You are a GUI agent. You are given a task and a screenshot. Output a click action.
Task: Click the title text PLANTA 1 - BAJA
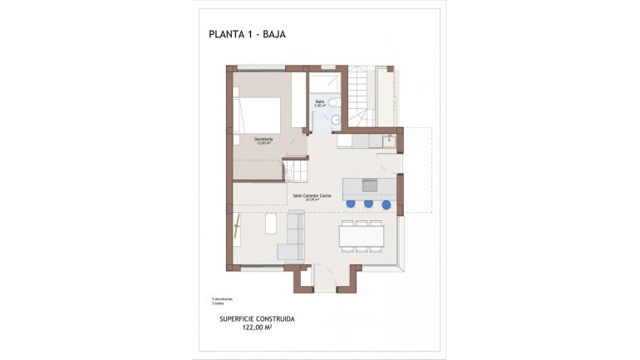pyautogui.click(x=249, y=35)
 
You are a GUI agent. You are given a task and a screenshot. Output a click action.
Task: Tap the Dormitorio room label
pyautogui.click(x=263, y=140)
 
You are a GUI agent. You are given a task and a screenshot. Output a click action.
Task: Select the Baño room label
pyautogui.click(x=319, y=104)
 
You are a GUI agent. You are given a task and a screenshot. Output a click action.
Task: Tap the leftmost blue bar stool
pyautogui.click(x=351, y=203)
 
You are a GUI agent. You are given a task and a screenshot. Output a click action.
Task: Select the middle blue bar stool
pyautogui.click(x=368, y=203)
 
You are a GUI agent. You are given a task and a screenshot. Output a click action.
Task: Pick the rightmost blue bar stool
pyautogui.click(x=386, y=203)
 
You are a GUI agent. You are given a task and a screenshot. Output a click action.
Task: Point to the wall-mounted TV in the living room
pyautogui.click(x=237, y=226)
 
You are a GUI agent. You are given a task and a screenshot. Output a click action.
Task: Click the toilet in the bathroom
pyautogui.click(x=332, y=104)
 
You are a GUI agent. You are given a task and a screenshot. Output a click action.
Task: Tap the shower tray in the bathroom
pyautogui.click(x=323, y=83)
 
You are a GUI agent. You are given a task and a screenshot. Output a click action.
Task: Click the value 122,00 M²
pyautogui.click(x=257, y=328)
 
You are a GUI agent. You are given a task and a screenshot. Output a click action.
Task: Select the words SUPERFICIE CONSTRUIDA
pyautogui.click(x=257, y=318)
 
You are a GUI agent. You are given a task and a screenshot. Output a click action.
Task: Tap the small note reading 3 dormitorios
pyautogui.click(x=222, y=298)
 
